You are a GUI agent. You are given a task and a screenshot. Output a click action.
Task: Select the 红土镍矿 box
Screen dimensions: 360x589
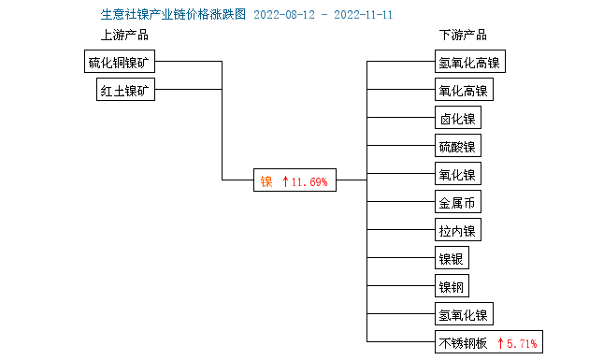[126, 90]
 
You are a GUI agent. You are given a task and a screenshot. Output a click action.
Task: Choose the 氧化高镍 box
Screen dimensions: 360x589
[463, 91]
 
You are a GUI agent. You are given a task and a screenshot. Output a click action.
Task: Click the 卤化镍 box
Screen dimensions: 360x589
[457, 119]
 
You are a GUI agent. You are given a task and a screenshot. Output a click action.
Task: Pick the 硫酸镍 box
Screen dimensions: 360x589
[457, 147]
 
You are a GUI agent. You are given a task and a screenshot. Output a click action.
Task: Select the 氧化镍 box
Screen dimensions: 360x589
[457, 175]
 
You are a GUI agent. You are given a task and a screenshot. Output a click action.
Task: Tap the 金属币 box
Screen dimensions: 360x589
[457, 203]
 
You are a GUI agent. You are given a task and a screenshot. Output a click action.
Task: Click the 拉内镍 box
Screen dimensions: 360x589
[457, 231]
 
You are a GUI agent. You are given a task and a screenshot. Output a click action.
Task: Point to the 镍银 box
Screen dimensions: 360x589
[452, 259]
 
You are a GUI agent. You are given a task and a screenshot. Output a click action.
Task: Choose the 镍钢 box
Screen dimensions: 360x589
[452, 286]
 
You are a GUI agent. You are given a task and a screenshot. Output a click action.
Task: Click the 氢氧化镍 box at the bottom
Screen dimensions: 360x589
[463, 314]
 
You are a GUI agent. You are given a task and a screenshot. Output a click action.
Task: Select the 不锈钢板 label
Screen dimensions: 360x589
[463, 343]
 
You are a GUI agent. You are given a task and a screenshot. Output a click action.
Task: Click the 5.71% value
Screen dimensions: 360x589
[522, 343]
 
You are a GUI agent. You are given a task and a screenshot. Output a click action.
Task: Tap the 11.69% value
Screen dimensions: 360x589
[309, 181]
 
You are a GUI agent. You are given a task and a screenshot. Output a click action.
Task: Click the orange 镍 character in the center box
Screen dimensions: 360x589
[266, 181]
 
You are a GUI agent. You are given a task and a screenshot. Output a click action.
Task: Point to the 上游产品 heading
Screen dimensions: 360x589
[124, 36]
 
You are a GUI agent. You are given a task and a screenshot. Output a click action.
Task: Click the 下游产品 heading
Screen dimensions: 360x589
[463, 36]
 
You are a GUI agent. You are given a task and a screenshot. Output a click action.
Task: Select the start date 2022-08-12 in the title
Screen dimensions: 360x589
[285, 15]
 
